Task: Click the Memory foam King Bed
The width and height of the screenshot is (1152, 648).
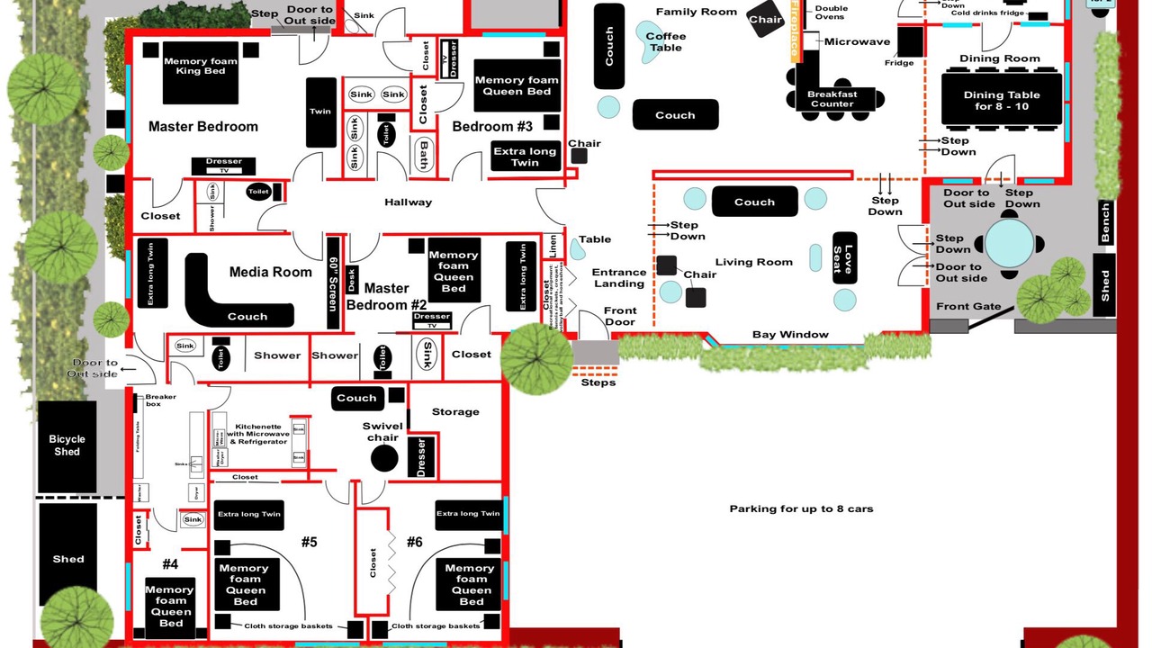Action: [201, 73]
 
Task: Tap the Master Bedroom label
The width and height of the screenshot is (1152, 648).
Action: [202, 127]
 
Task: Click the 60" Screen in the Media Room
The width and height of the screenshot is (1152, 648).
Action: [333, 283]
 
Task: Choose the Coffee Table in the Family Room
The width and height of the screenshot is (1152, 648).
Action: [664, 42]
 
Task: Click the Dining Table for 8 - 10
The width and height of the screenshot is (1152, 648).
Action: [1001, 100]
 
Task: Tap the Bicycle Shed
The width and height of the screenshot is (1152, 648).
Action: [67, 445]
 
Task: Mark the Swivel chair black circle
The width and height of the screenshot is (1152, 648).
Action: [384, 458]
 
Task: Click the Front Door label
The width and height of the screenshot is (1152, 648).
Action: [620, 317]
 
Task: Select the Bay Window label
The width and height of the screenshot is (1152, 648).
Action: [790, 335]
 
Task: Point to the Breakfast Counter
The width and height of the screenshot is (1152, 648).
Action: [832, 98]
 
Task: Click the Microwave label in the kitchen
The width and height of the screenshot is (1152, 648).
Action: [857, 41]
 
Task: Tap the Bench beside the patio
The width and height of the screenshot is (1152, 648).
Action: [1106, 222]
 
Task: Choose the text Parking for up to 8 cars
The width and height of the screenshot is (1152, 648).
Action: [801, 508]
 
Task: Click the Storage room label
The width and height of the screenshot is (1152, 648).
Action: [455, 412]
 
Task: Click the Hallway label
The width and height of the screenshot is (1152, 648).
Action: [408, 202]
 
